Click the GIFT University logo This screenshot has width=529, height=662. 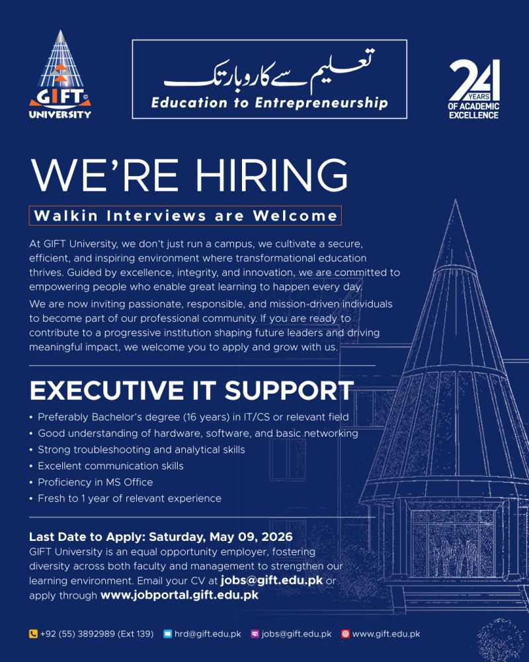pos(60,75)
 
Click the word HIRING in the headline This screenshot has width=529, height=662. pos(271,175)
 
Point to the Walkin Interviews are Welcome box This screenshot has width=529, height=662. pos(185,216)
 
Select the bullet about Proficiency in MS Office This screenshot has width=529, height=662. pos(95,482)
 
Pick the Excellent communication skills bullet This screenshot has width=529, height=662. pos(110,466)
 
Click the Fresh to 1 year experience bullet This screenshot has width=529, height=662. pos(130,498)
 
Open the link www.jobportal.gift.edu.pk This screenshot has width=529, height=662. pos(179,595)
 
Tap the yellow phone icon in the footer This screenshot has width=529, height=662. pos(33,634)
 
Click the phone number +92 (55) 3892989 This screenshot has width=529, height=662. pos(97,634)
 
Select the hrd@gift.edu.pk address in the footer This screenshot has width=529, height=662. pos(207,634)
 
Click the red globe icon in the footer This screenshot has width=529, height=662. pos(345,634)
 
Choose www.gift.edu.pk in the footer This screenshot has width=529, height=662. pos(386,634)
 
